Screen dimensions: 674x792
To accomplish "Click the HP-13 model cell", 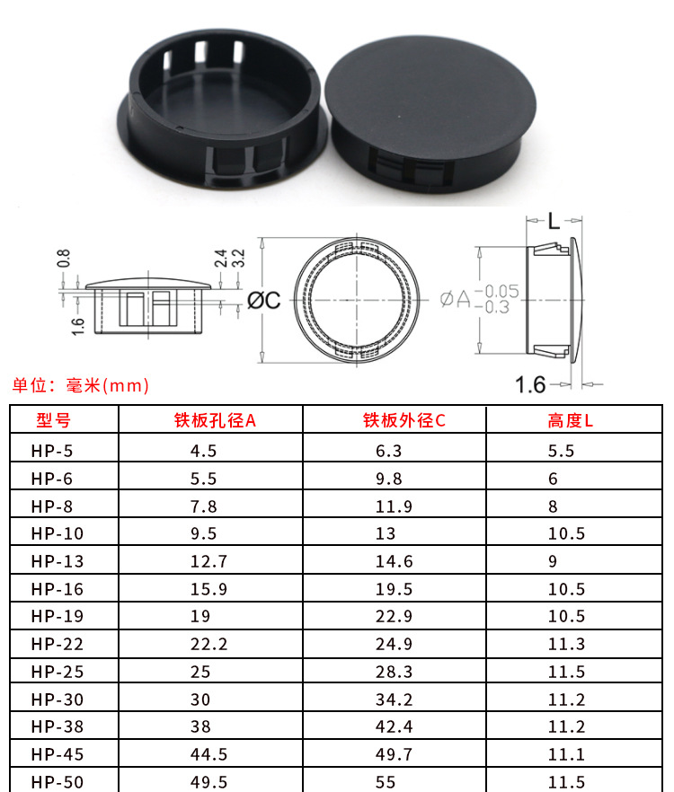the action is pyautogui.click(x=58, y=561).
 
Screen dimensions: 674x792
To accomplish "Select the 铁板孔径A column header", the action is pyautogui.click(x=215, y=420).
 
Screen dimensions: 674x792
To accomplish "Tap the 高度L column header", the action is pyautogui.click(x=570, y=420).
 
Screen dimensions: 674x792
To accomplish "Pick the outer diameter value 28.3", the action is pyautogui.click(x=394, y=672).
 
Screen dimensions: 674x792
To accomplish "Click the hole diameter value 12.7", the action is pyautogui.click(x=208, y=561).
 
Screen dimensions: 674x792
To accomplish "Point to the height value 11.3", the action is pyautogui.click(x=566, y=644).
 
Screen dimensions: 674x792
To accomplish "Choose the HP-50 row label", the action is pyautogui.click(x=58, y=782).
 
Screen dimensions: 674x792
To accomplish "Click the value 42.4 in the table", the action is pyautogui.click(x=394, y=726).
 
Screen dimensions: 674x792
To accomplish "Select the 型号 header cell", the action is pyautogui.click(x=53, y=420).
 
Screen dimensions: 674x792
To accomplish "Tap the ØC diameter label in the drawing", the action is pyautogui.click(x=263, y=301).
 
